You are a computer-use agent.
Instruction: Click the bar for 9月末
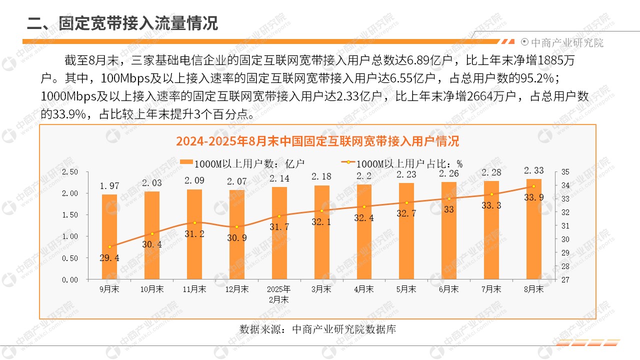[109, 237]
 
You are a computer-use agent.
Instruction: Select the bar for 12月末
[236, 235]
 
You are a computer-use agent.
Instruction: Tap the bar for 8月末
[533, 229]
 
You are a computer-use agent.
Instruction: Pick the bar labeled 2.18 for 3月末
[321, 232]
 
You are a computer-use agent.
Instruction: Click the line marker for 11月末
[194, 222]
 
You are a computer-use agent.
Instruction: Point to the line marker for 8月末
[533, 186]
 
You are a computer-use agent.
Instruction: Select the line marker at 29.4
[109, 246]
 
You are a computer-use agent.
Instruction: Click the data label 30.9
[236, 238]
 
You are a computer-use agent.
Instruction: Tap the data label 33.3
[491, 205]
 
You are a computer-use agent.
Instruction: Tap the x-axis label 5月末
[406, 289]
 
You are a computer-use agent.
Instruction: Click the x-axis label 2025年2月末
[278, 294]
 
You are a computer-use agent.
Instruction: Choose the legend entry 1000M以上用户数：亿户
[242, 163]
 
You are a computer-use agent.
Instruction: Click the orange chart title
[317, 141]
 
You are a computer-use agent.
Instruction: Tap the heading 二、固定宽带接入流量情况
[122, 23]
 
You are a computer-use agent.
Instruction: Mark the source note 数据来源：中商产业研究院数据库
[318, 329]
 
